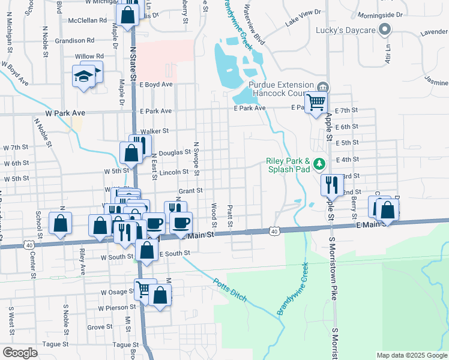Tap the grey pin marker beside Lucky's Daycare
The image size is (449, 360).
tap(385, 29)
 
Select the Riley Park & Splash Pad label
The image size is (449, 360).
tap(288, 165)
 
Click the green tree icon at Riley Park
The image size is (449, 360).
tap(320, 162)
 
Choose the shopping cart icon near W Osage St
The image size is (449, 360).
tap(143, 290)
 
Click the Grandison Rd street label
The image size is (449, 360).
tap(75, 41)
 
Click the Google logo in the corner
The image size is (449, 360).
tap(20, 353)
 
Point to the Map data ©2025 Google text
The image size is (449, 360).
tap(411, 355)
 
